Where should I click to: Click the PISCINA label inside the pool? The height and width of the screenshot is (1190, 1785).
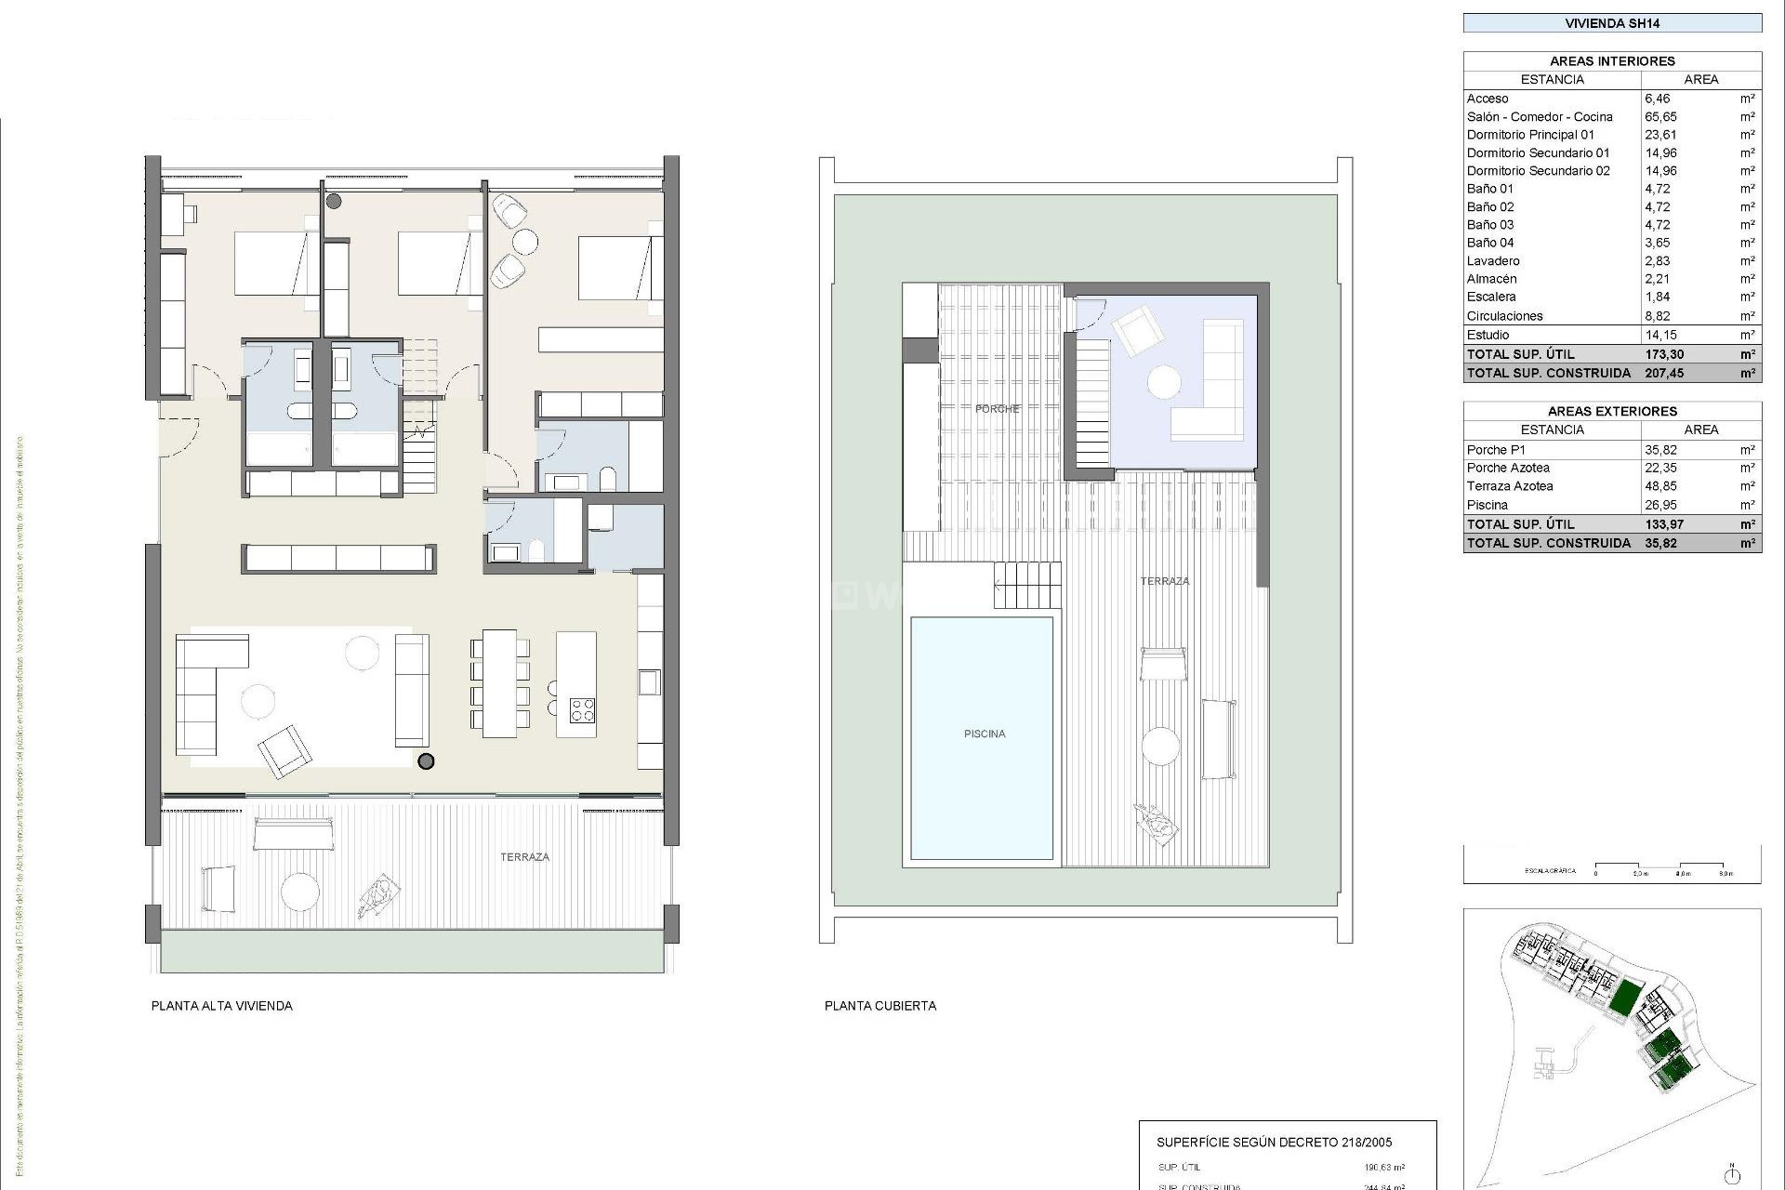985,734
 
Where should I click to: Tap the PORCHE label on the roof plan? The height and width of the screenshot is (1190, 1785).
997,409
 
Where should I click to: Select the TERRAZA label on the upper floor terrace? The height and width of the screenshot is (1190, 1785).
524,857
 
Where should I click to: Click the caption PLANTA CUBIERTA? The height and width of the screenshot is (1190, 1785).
879,1006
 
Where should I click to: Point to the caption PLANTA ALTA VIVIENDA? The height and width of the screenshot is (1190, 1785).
221,1006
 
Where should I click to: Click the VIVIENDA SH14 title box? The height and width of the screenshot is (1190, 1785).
1612,23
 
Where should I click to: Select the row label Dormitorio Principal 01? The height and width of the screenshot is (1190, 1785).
1530,135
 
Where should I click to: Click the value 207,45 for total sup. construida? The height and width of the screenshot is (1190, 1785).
1664,373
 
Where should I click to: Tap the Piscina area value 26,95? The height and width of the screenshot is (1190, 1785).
1660,505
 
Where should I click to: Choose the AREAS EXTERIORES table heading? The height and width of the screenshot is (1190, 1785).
1612,411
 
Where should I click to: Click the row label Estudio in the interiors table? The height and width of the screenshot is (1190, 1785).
1487,335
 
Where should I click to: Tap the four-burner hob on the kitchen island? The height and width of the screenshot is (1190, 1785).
582,710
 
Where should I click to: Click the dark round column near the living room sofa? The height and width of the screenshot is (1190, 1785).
426,761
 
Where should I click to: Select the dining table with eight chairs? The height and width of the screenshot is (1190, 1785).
499,683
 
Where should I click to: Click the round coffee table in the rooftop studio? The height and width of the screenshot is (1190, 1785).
1163,382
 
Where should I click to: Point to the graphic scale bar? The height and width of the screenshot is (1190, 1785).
1660,867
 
